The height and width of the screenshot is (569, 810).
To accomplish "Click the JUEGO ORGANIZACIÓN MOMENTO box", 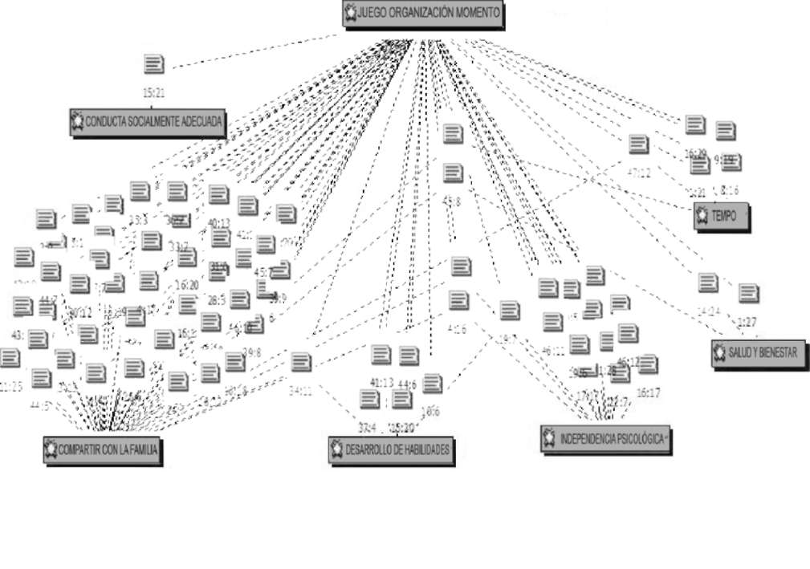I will click(423, 14).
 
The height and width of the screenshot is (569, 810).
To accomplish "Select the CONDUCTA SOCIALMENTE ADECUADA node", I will click(148, 122).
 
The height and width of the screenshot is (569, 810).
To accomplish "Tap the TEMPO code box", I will click(722, 216).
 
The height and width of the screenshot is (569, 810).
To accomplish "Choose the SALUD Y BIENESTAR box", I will click(759, 354).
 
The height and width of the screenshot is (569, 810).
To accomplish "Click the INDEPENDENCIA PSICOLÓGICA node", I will click(605, 438).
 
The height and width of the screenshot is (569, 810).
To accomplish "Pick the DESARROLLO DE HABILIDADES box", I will click(393, 449).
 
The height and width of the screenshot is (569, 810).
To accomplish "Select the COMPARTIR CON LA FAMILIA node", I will click(102, 449).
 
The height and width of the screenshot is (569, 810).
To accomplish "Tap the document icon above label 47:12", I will click(638, 144).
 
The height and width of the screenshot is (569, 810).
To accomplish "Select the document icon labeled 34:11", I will click(301, 362).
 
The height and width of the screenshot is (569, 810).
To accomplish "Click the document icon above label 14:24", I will click(708, 282).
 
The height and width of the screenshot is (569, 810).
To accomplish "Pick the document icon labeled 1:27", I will click(748, 294).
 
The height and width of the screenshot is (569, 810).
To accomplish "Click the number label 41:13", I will click(381, 382).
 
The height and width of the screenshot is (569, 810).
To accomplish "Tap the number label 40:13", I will click(218, 223).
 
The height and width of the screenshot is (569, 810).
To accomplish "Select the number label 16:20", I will click(187, 284).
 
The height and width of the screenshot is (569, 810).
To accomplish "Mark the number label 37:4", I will click(368, 426).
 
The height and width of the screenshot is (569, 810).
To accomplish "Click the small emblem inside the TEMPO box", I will click(702, 216).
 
